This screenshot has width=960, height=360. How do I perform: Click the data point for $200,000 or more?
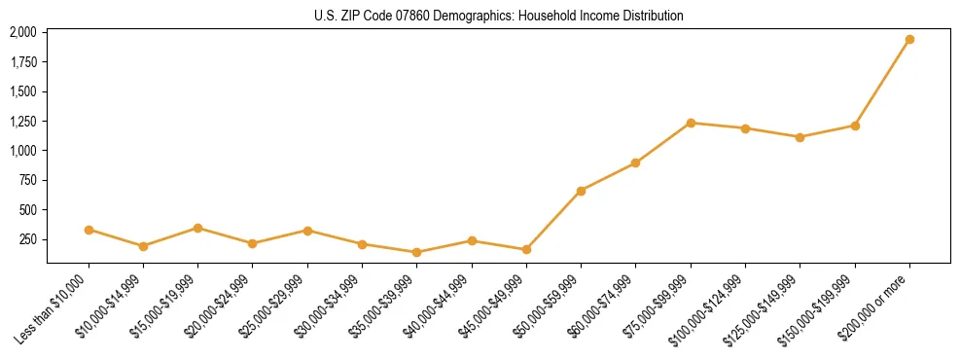[x=909, y=40]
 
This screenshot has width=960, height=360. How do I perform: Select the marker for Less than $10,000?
[x=89, y=230]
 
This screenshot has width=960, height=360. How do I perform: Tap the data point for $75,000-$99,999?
[x=691, y=123]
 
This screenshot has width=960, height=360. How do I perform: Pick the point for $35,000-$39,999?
[x=416, y=252]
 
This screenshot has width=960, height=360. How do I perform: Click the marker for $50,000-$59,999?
[x=581, y=191]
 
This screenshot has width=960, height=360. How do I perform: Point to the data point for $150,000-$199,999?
[x=855, y=126]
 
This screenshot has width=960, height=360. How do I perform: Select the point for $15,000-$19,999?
[x=198, y=228]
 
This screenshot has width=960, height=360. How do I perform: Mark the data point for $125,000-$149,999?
[x=800, y=137]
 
